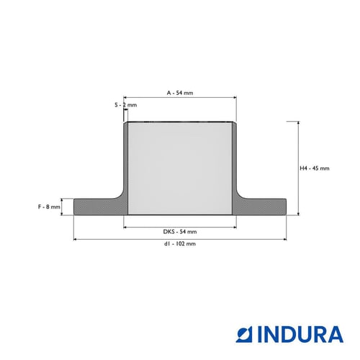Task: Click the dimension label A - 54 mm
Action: (x=180, y=93)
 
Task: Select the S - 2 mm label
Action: (x=125, y=105)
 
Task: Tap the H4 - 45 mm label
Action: (x=315, y=168)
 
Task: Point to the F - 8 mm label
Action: (x=49, y=207)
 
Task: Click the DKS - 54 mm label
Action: (x=180, y=232)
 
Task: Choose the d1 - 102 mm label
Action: (x=180, y=243)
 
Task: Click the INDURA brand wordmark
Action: (x=300, y=334)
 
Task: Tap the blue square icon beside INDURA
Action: (x=244, y=334)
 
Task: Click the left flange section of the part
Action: (x=99, y=207)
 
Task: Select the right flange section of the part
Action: (x=261, y=207)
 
